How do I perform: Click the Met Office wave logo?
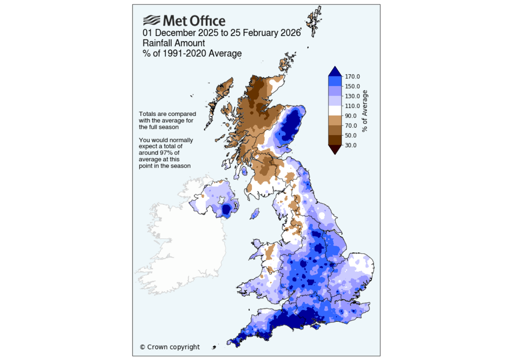(151, 20)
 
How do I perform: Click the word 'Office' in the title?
(205, 21)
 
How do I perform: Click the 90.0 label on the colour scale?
(350, 115)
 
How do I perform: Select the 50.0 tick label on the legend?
(350, 135)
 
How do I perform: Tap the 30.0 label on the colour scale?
(350, 145)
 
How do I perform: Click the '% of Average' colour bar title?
(365, 111)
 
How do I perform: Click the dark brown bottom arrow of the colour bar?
(334, 148)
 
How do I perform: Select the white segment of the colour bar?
(334, 110)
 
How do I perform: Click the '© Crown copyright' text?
(169, 347)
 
